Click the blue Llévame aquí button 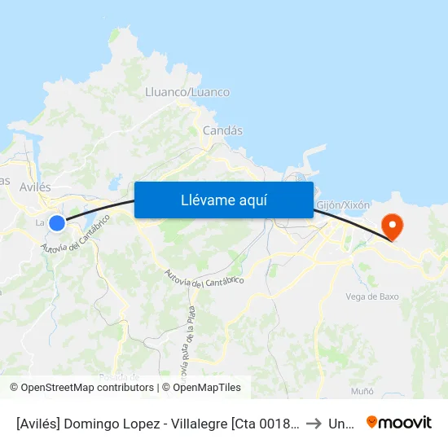pos(223,200)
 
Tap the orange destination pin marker pos(392,225)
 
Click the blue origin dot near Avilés pos(56,222)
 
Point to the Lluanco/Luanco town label pos(187,92)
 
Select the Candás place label pos(222,130)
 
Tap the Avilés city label pos(34,187)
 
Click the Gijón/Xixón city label pos(342,205)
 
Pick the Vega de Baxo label pos(372,296)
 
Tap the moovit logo pos(399,423)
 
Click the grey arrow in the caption pos(314,424)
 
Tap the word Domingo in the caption pos(100,424)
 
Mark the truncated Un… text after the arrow pos(340,424)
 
